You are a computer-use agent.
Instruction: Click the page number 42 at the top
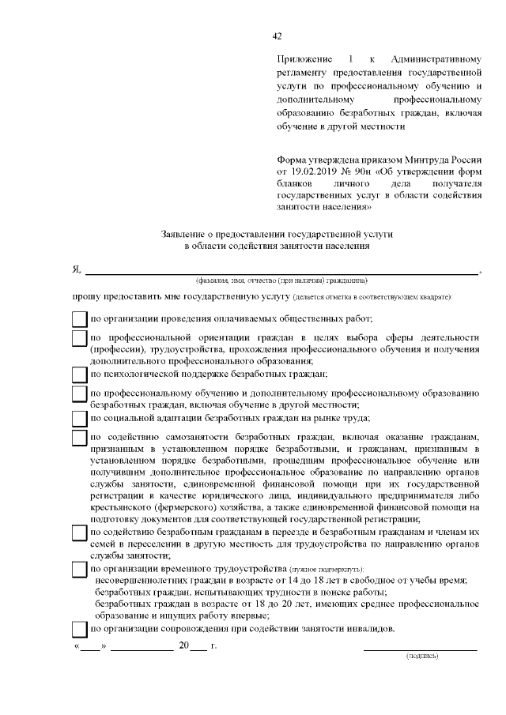(x=277, y=36)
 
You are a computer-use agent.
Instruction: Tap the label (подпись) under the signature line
(x=421, y=657)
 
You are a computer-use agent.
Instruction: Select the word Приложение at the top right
(x=305, y=60)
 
